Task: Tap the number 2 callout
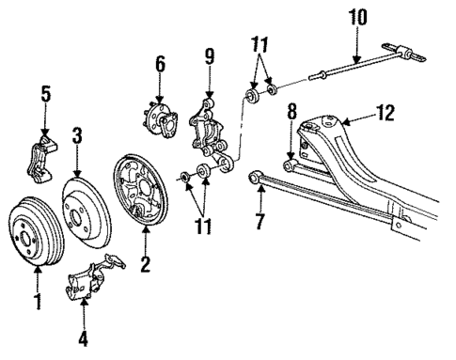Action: pos(145,265)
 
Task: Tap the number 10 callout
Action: pos(357,16)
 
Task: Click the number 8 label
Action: pos(291,111)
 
